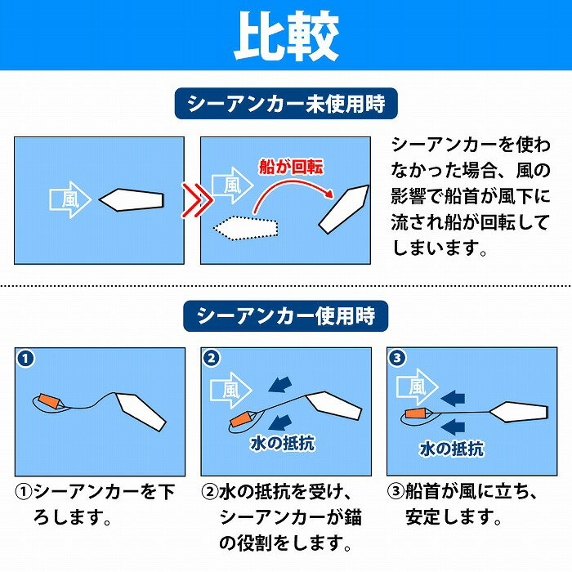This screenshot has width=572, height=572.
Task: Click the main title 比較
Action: (x=286, y=35)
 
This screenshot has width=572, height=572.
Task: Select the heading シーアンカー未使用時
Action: (x=286, y=105)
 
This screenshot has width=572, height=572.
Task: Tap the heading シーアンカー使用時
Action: (x=286, y=315)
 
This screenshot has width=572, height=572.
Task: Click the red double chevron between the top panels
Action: (x=192, y=199)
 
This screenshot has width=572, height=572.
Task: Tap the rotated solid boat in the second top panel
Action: (x=343, y=212)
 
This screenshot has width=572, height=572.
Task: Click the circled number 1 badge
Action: (x=27, y=358)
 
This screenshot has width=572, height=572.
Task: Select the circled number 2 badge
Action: (x=212, y=358)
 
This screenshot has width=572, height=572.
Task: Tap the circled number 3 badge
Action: (x=397, y=358)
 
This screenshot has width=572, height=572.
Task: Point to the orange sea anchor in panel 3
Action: (x=416, y=414)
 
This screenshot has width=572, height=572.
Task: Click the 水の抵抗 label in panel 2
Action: (x=282, y=444)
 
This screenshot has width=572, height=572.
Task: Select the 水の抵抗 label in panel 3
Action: (x=452, y=449)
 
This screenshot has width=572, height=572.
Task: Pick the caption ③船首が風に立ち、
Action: (x=468, y=493)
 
